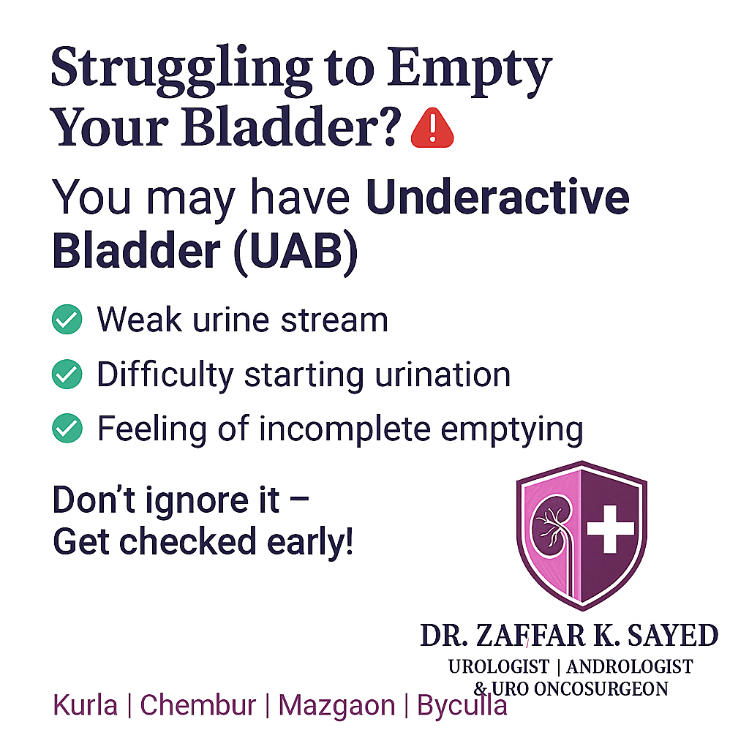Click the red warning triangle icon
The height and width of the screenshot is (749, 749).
click(432, 129)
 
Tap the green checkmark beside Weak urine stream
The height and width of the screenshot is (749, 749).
click(67, 319)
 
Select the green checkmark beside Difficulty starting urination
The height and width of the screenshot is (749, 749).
click(67, 374)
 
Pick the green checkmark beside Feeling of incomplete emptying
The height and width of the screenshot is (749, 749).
click(67, 428)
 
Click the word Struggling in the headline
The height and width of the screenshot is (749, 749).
click(181, 69)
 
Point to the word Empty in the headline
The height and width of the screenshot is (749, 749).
click(470, 70)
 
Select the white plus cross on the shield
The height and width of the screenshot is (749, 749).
click(610, 529)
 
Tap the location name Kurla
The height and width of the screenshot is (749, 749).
click(85, 705)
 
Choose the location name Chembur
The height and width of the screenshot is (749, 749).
click(197, 705)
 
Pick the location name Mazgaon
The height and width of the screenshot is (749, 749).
click(336, 706)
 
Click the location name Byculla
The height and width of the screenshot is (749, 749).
click(462, 706)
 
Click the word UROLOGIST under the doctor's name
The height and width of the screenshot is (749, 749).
click(499, 667)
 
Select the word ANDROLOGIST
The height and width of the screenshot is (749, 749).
click(630, 667)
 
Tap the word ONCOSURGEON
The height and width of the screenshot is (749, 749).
click(601, 689)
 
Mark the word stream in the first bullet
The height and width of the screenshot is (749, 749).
click(334, 320)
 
